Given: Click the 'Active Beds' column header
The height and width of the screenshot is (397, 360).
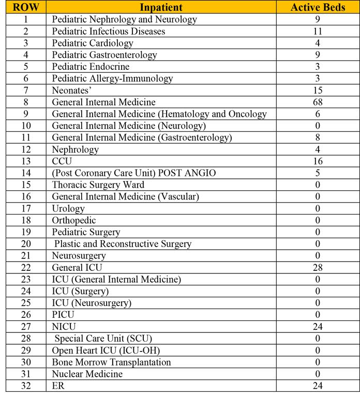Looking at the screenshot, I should click(317, 7).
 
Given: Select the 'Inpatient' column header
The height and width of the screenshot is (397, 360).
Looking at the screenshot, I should click(161, 7).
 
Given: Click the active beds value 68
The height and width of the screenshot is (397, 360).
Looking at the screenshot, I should click(317, 102).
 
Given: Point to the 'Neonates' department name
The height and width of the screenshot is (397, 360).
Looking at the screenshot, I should click(71, 90).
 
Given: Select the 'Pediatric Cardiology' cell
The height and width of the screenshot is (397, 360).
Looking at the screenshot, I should click(93, 43).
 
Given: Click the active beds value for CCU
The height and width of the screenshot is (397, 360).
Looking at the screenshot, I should click(317, 162).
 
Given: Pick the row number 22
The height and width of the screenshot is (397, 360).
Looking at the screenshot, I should click(26, 267).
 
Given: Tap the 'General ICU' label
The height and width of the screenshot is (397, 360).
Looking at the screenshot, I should click(77, 267).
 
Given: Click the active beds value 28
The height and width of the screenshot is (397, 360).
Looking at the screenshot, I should click(317, 267).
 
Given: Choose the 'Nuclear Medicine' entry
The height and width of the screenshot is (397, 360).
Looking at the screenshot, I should click(87, 374).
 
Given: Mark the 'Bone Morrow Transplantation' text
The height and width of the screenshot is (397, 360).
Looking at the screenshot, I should click(111, 362).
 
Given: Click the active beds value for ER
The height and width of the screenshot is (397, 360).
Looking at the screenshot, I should click(317, 386).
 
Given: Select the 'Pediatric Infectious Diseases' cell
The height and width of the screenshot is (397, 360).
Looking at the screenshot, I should click(109, 31).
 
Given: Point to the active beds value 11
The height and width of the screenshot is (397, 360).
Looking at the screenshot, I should click(317, 31).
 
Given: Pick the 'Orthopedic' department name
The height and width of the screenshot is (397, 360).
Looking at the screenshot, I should click(74, 220).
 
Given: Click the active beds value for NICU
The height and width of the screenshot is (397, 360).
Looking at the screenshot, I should click(317, 327).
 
